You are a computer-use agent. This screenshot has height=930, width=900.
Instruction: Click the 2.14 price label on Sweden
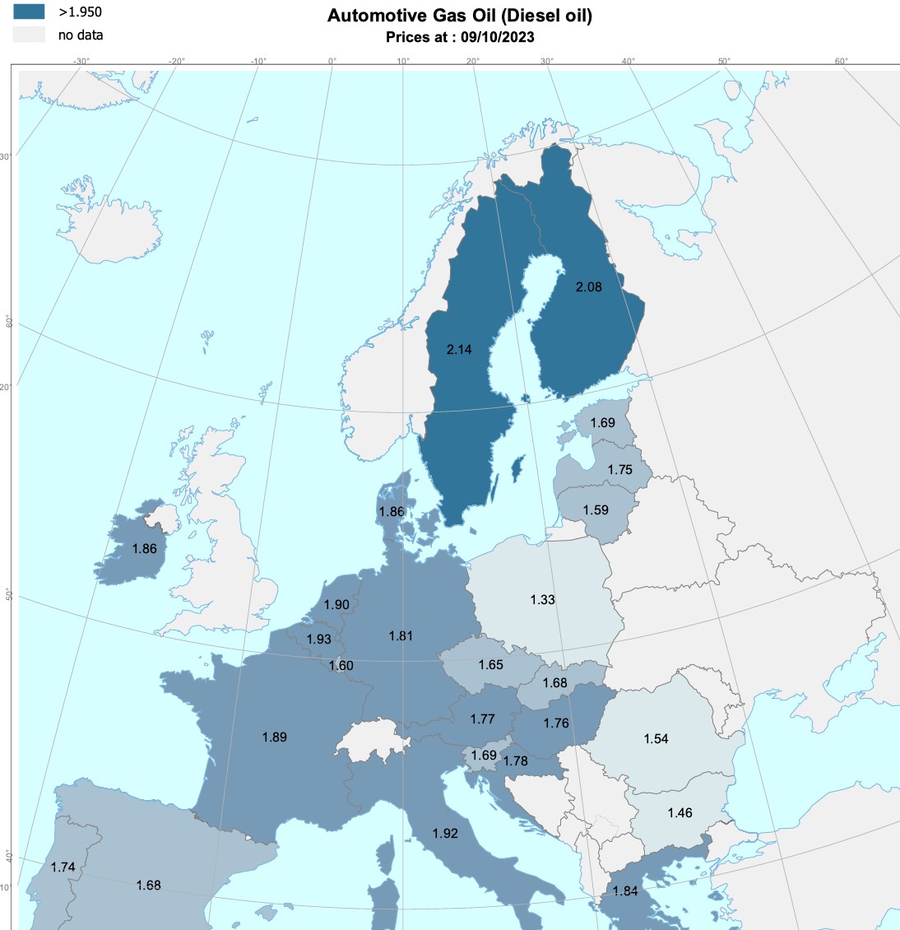pos(459,350)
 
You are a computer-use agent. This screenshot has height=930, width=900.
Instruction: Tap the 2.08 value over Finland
pos(588,287)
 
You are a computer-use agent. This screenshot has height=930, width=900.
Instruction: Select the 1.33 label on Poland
pos(542,600)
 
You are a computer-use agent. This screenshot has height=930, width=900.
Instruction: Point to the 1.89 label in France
pos(274,737)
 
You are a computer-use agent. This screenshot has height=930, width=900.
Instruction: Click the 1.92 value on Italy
pos(445,834)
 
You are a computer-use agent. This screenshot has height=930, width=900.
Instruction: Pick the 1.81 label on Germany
pos(401,636)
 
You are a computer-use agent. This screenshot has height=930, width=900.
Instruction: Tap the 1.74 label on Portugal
pos(63,867)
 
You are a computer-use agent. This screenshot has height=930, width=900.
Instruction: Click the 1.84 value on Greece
pos(625,891)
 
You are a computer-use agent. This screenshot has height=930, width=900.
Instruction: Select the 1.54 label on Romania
pos(656,739)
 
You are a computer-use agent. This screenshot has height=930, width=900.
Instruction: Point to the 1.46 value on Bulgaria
pos(680,813)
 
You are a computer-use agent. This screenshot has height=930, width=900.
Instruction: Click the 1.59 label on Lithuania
pos(596,510)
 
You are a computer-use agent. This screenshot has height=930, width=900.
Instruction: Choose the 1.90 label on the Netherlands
pos(336,605)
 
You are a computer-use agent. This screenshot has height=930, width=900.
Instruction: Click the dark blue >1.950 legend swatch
pos(29,12)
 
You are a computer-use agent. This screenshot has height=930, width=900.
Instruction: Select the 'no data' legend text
pos(81,35)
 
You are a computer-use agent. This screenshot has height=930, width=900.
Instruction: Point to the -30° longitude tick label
pos(81,61)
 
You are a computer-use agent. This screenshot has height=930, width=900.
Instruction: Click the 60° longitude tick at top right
pos(842,61)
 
